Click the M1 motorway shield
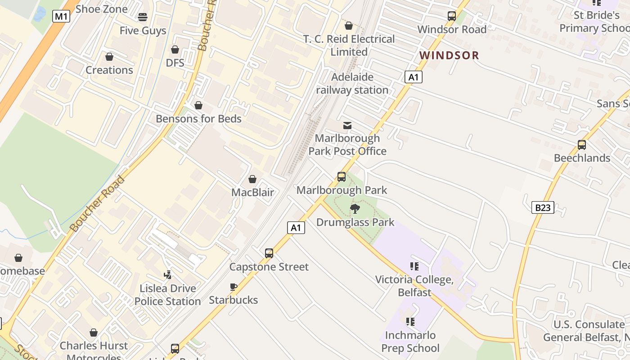point(61,17)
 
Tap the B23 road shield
point(543,207)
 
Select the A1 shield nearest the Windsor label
point(414,77)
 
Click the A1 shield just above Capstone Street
point(296,228)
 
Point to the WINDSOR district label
point(449,55)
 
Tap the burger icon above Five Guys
point(143,18)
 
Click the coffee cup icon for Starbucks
point(233,287)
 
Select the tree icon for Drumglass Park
point(355,209)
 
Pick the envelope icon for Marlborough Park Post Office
point(347,125)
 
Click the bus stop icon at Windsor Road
point(452,17)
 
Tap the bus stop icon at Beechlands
point(582,145)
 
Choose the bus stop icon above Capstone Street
point(269,253)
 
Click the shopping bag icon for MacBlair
point(252,179)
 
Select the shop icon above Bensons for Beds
point(198,105)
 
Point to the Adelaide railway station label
point(352,83)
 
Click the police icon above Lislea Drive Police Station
point(167,274)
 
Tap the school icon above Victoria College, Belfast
point(414,266)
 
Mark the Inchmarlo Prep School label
point(410,342)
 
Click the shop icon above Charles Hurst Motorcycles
point(94,333)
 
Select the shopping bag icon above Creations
point(109,57)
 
